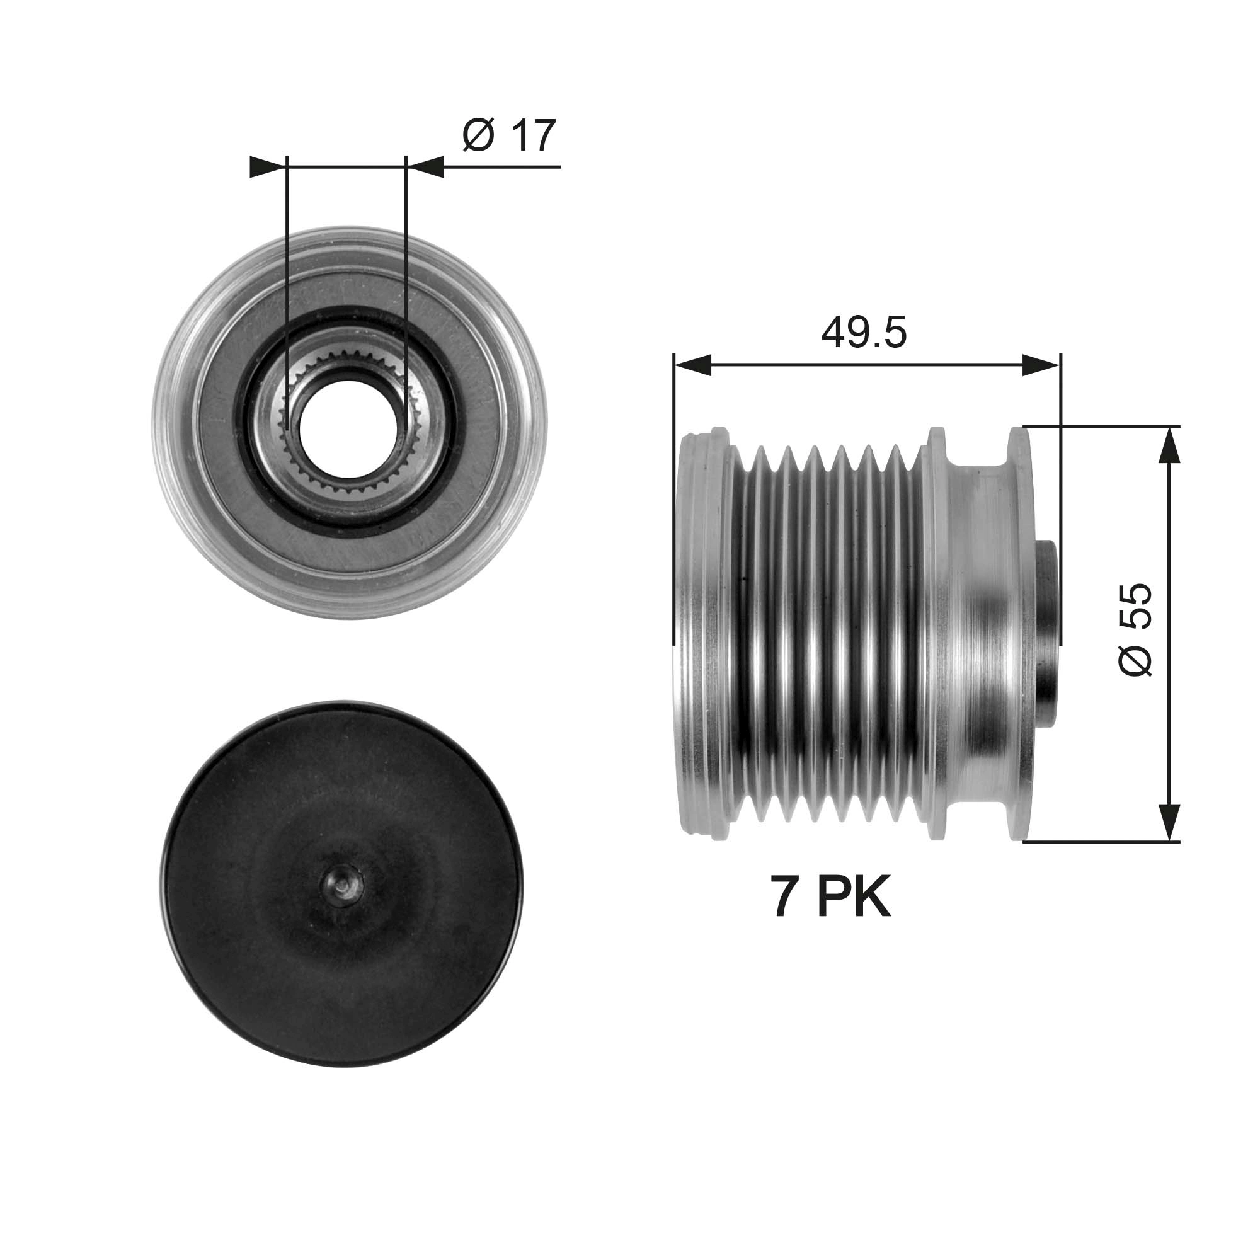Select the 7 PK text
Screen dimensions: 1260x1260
click(830, 898)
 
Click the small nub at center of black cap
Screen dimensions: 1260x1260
click(343, 886)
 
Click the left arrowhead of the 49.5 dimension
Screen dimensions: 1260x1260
click(692, 365)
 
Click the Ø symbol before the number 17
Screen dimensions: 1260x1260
click(478, 135)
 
